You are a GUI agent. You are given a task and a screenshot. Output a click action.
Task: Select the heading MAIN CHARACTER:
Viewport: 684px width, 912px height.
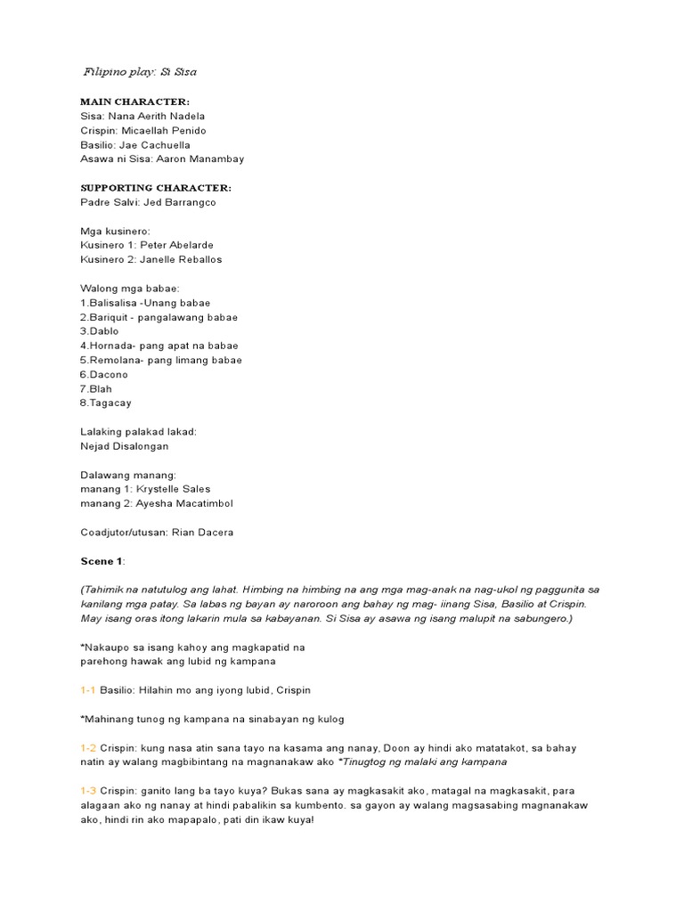click(134, 102)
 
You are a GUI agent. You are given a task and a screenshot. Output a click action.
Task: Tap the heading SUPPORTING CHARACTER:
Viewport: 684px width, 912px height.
click(156, 188)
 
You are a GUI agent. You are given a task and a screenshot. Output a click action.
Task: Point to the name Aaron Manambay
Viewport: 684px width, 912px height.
click(202, 159)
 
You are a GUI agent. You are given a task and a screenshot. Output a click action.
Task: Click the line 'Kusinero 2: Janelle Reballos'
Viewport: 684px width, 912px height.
click(151, 259)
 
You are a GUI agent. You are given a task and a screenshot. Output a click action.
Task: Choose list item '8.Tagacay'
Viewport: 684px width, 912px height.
click(105, 403)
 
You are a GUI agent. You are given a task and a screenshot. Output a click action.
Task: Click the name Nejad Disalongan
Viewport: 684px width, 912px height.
click(124, 445)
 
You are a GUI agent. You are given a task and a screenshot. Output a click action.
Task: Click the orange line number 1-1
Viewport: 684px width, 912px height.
click(87, 690)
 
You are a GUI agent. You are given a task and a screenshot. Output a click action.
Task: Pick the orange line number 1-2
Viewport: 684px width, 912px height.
click(87, 748)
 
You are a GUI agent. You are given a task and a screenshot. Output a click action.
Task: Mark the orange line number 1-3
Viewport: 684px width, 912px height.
click(87, 791)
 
